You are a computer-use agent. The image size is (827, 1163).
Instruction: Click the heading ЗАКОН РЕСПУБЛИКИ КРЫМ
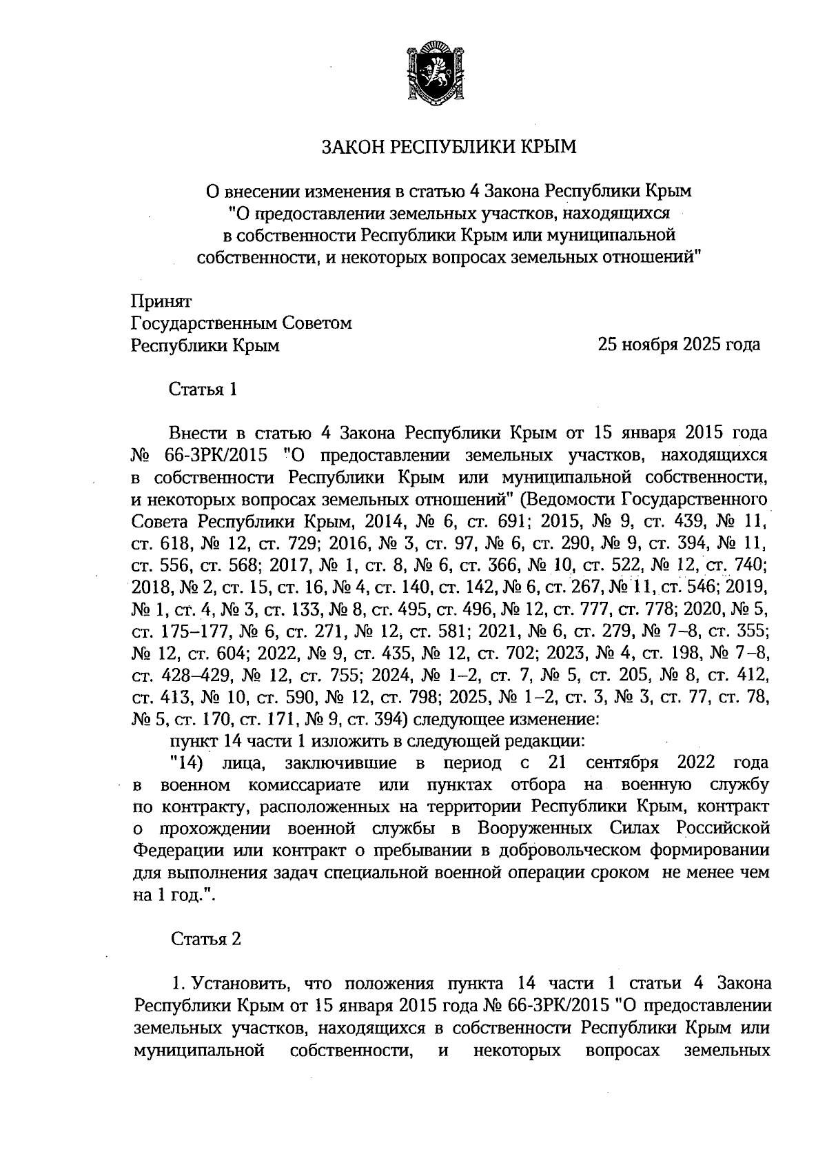pyautogui.click(x=449, y=147)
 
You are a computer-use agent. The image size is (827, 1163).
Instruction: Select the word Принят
pyautogui.click(x=162, y=301)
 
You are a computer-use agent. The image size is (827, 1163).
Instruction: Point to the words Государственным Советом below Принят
pyautogui.click(x=241, y=323)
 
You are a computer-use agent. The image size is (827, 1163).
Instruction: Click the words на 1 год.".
pyautogui.click(x=175, y=895)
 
